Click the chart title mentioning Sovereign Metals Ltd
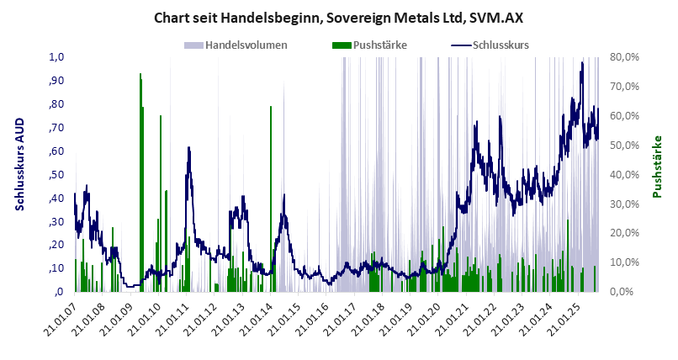339,18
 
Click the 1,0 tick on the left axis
57,57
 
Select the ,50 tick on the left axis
56,175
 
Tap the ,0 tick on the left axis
59,292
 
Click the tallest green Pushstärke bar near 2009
140,76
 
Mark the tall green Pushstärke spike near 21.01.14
270,108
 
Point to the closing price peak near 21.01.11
188,148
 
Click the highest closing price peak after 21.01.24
582,63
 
